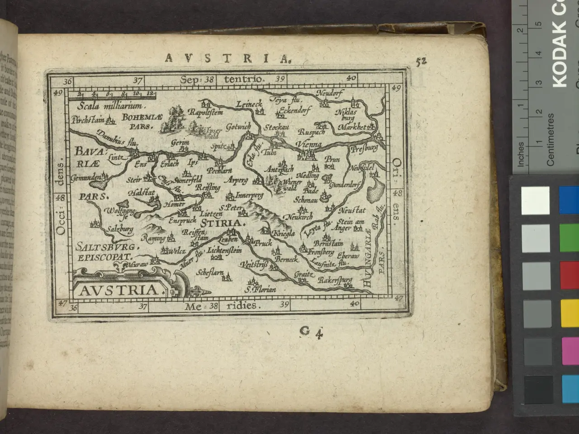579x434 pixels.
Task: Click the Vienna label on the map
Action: [x=309, y=145]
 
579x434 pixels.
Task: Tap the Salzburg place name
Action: [x=120, y=230]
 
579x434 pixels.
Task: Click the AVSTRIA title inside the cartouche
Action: [x=118, y=289]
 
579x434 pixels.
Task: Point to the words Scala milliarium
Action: [x=110, y=107]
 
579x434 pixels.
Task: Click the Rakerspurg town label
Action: [x=335, y=281]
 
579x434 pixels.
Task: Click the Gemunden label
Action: [x=86, y=178]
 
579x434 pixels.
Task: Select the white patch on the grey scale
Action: [x=535, y=199]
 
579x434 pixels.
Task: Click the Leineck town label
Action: [x=249, y=104]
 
